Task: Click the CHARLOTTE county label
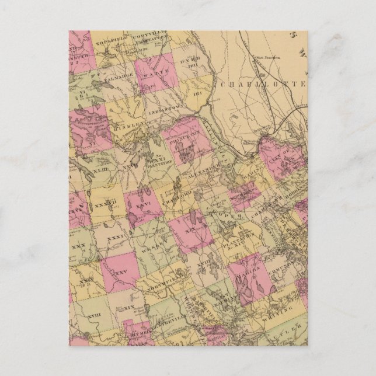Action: tap(265, 84)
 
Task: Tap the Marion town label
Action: tap(249, 269)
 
